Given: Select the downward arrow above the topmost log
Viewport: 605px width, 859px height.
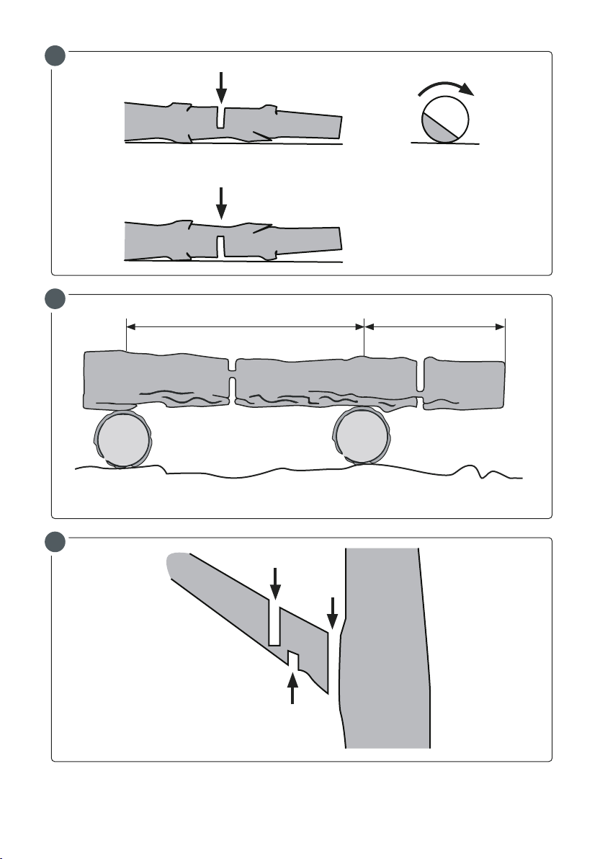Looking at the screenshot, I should tap(221, 86).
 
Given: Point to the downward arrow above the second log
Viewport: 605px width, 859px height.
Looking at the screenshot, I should tap(221, 203).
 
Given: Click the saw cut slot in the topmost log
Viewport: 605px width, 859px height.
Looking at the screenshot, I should tap(222, 117).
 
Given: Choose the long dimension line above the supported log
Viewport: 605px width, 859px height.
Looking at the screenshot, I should tap(246, 326).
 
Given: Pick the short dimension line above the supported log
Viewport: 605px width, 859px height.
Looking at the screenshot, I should tap(435, 326).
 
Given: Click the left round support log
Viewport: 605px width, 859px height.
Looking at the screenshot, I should tap(123, 440).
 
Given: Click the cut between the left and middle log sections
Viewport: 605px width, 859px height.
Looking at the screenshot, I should tap(232, 380).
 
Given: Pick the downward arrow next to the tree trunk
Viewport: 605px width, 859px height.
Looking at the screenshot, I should tap(332, 611).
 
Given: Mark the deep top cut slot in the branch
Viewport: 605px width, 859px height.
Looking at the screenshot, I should tap(274, 623).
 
